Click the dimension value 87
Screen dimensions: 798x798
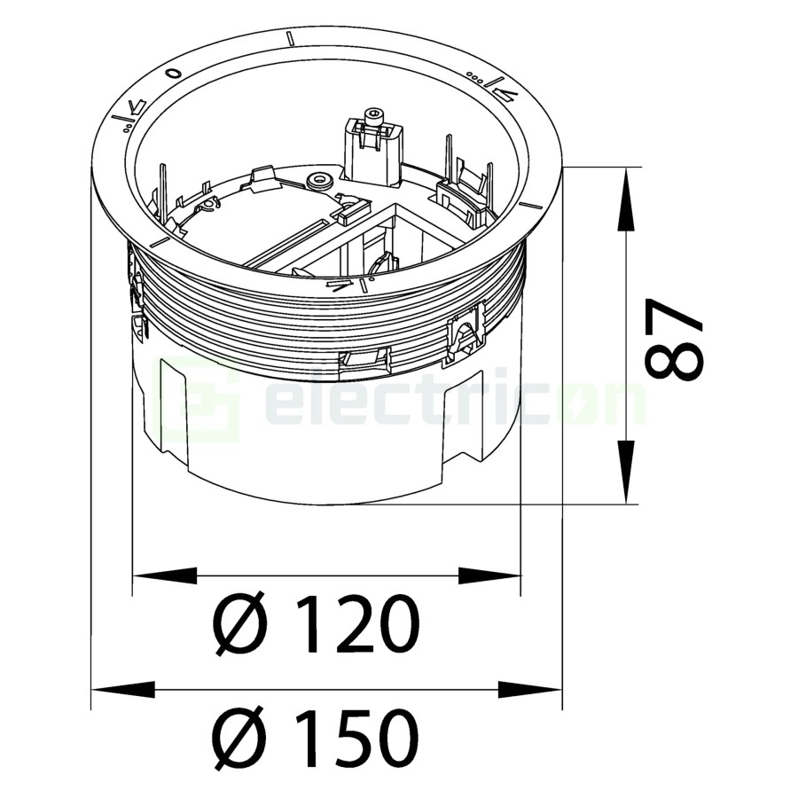click(x=674, y=338)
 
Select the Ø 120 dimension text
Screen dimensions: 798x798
click(x=317, y=624)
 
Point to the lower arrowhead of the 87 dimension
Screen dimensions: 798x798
click(x=626, y=472)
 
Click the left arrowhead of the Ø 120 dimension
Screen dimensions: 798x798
click(x=165, y=575)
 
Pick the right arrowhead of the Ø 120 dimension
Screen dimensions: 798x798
click(x=489, y=575)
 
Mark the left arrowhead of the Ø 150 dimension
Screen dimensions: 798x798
click(x=123, y=690)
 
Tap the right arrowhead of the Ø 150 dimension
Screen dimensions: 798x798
click(x=530, y=690)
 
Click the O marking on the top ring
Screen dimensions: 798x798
click(x=174, y=74)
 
